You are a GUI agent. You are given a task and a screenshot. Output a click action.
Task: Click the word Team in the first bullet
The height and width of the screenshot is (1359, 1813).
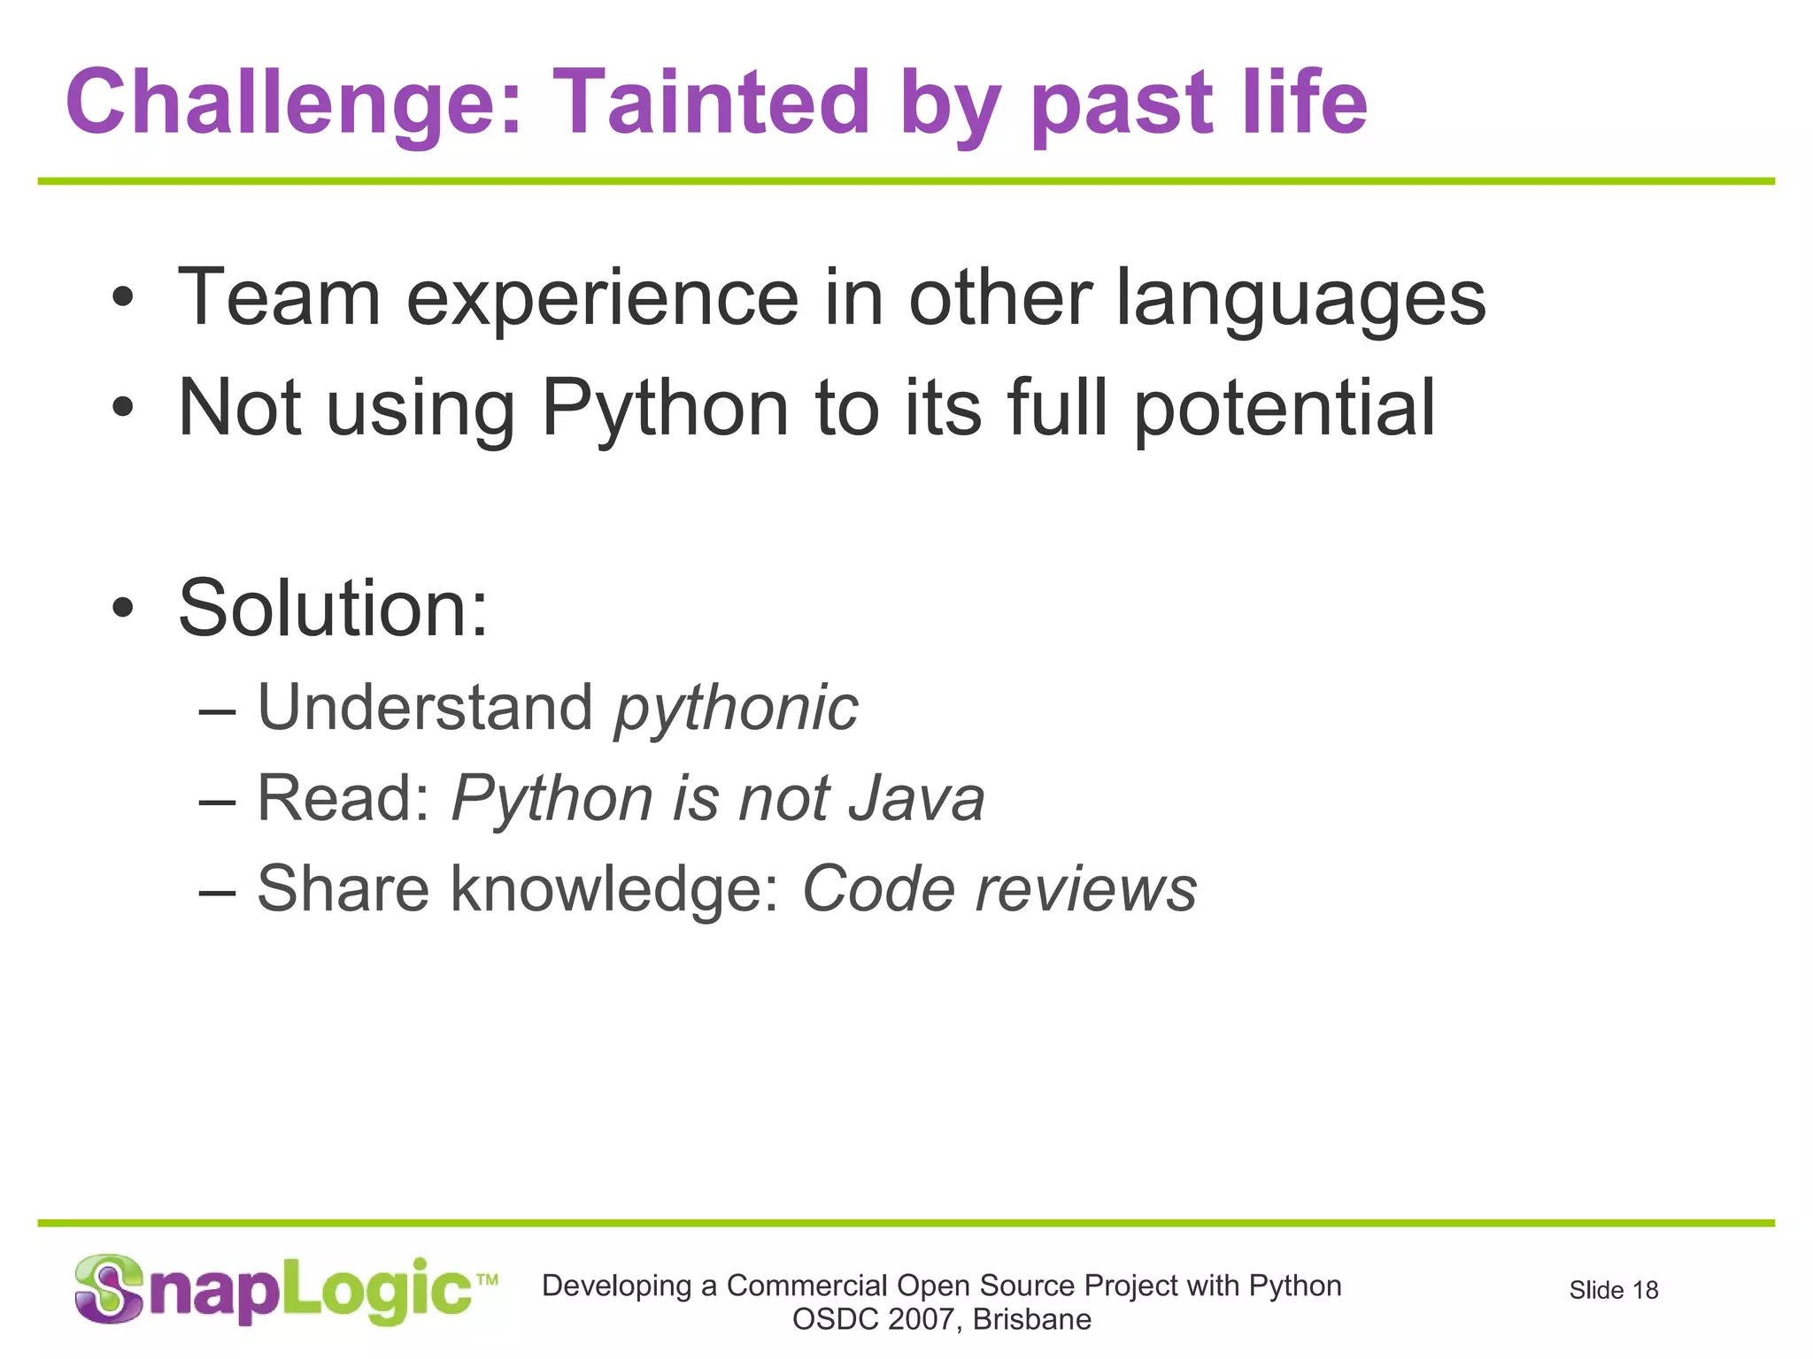tap(279, 298)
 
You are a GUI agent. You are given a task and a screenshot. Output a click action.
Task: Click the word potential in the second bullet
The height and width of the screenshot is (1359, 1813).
tap(1284, 409)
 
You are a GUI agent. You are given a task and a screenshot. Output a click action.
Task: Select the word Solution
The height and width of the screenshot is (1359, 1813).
tap(333, 609)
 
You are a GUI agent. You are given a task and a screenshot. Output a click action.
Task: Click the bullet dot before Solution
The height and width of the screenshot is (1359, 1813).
tap(123, 609)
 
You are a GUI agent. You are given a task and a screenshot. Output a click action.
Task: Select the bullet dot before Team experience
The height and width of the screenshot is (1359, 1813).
tap(123, 298)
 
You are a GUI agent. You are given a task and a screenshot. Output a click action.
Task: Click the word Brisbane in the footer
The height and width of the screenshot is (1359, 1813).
tap(1031, 1320)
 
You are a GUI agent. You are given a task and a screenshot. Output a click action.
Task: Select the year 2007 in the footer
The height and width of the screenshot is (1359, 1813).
tap(920, 1320)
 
